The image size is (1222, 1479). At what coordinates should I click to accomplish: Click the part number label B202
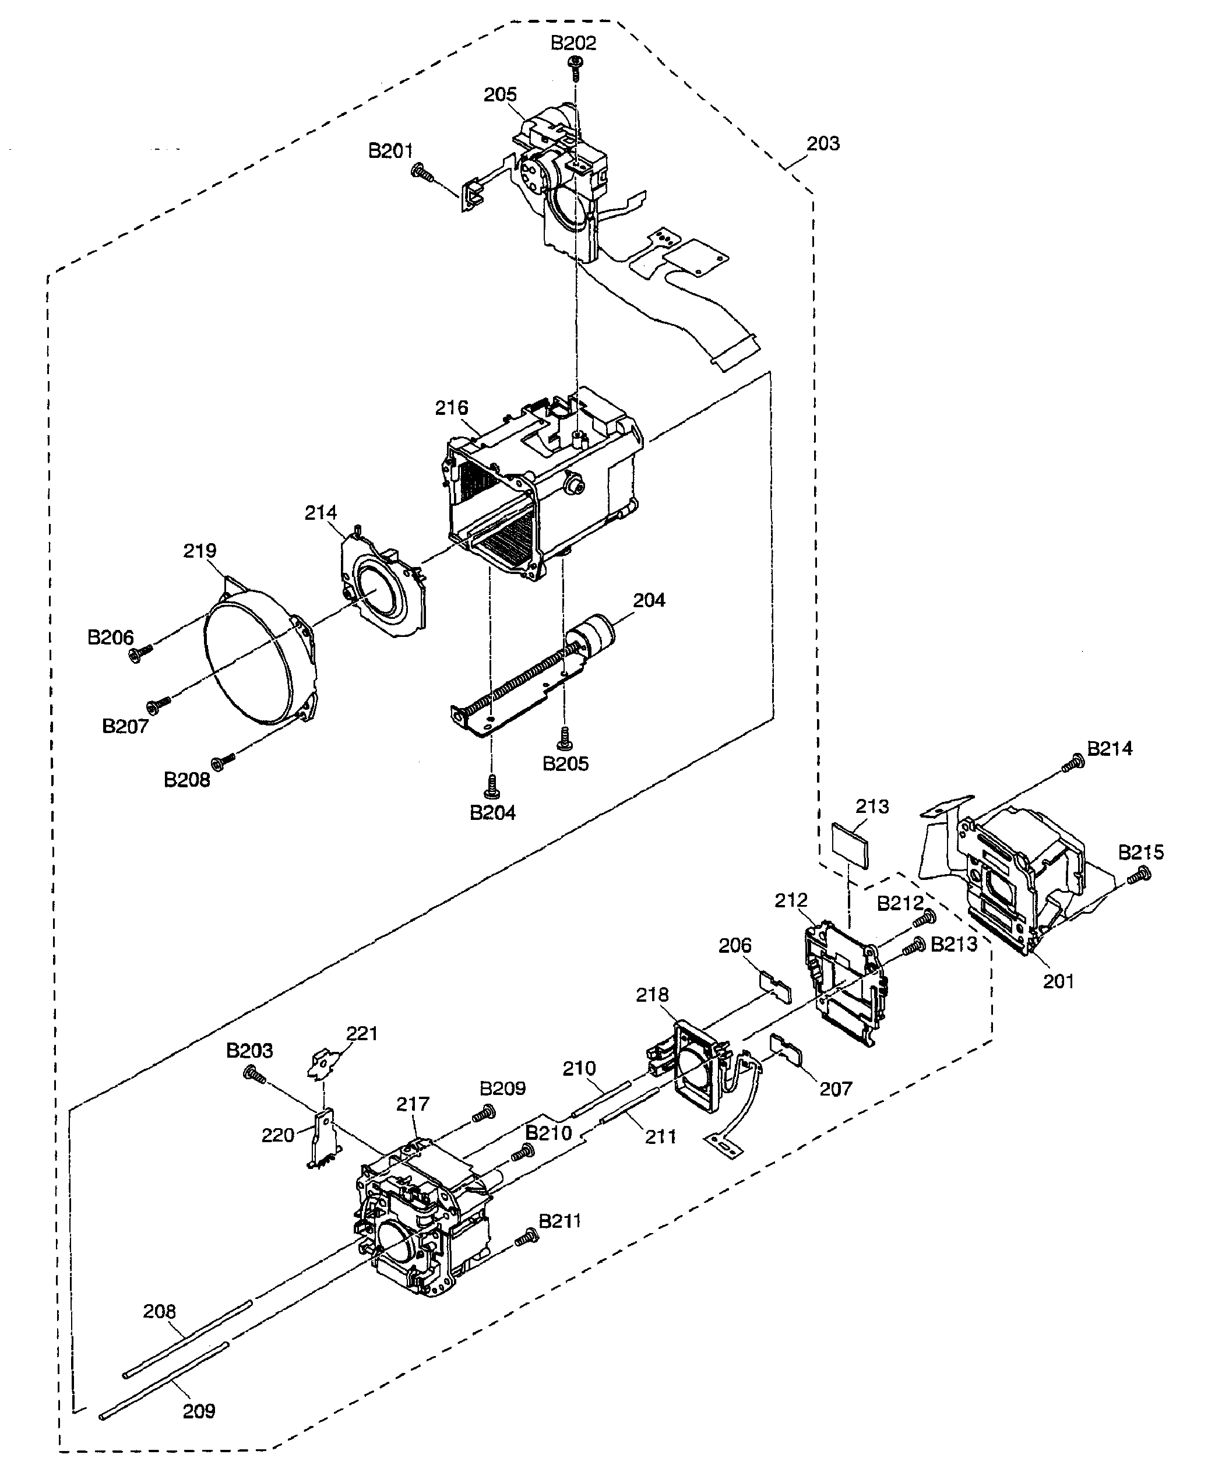[573, 43]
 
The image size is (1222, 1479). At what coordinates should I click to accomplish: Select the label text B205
[565, 764]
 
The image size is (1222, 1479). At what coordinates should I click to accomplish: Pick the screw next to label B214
[1074, 762]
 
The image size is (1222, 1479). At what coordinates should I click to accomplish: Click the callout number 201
[1058, 981]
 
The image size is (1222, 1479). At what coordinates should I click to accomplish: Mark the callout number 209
[199, 1411]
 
